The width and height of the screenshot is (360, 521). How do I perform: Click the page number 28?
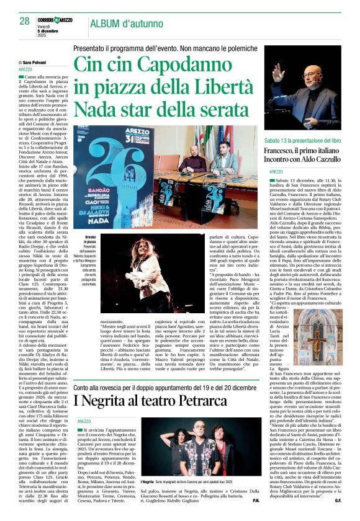click(x=24, y=21)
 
